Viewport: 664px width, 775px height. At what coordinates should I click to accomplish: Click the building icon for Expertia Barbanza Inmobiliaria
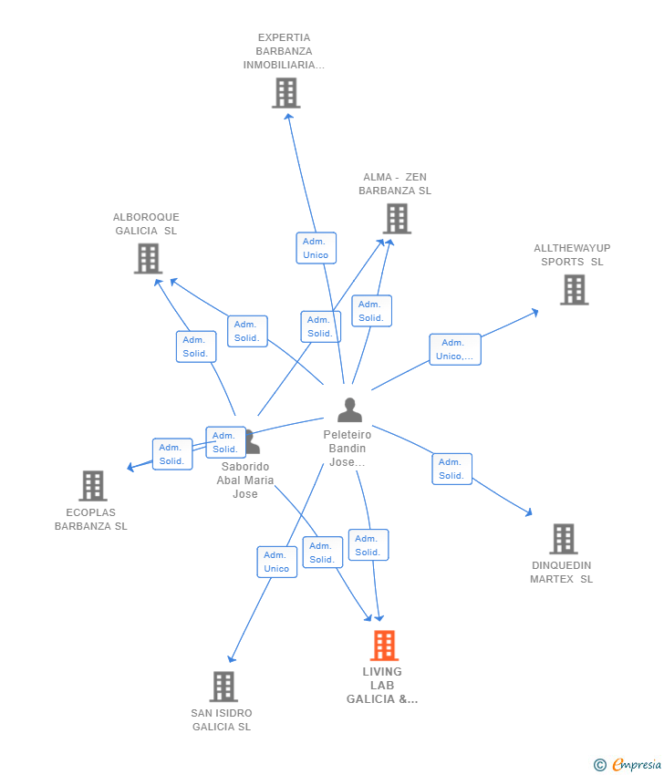point(285,93)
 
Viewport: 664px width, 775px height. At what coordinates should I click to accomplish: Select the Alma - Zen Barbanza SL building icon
point(397,219)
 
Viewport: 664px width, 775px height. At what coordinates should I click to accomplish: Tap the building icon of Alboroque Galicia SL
point(148,259)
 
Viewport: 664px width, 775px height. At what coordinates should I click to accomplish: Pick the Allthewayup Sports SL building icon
point(574,290)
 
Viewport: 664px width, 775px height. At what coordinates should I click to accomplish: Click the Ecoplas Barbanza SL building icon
point(92,486)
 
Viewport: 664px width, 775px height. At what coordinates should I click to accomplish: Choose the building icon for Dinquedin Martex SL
point(563,539)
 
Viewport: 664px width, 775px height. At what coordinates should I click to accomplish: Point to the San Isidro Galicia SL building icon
point(223,687)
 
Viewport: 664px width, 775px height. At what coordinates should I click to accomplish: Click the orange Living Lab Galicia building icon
point(384,646)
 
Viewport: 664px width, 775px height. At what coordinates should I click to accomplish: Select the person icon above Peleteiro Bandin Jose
point(349,410)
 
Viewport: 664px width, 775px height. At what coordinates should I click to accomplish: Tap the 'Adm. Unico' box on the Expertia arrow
point(316,248)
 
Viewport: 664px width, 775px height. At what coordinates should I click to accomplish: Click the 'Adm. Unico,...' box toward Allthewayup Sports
point(454,349)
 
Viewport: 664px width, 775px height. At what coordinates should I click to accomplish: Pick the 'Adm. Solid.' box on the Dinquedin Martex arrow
point(451,469)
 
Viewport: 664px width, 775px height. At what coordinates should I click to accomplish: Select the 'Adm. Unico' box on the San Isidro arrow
point(276,562)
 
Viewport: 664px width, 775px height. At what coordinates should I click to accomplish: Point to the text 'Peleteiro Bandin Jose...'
point(348,449)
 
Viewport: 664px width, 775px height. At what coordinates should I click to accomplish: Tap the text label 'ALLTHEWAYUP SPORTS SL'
point(572,255)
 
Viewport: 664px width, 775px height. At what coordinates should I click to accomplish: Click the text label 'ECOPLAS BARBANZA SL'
point(91,520)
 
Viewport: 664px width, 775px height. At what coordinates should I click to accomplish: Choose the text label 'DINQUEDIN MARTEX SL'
point(562,573)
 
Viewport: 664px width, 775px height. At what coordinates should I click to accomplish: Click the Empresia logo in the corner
point(628,765)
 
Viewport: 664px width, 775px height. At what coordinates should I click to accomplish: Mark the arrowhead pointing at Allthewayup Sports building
point(535,312)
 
